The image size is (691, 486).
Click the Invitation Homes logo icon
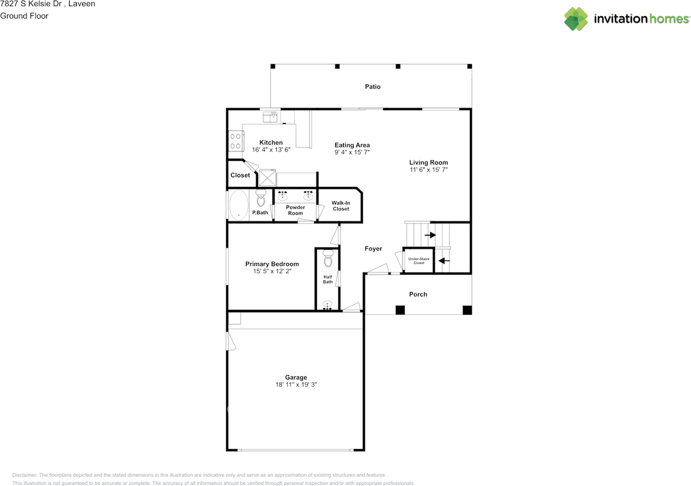[576, 19]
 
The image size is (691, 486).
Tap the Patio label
[372, 87]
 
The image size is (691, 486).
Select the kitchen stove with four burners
[236, 141]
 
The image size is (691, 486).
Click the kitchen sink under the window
[270, 117]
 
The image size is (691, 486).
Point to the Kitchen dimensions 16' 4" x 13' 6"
[271, 150]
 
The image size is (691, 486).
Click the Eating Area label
[352, 145]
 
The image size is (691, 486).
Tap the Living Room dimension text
[429, 169]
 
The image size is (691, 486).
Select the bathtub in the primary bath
[239, 205]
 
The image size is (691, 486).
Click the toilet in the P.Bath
[261, 198]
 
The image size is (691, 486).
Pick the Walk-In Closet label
[341, 206]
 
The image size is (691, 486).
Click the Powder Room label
[295, 210]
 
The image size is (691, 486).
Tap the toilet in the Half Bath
[328, 258]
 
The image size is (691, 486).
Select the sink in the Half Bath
[327, 305]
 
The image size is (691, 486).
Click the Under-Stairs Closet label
[418, 261]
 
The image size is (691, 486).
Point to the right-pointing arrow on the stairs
[430, 235]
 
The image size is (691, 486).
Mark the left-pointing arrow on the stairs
[444, 261]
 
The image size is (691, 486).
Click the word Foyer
[373, 248]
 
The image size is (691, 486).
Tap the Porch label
[418, 295]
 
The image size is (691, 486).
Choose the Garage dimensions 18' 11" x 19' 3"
[296, 385]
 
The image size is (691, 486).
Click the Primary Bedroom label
[272, 264]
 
